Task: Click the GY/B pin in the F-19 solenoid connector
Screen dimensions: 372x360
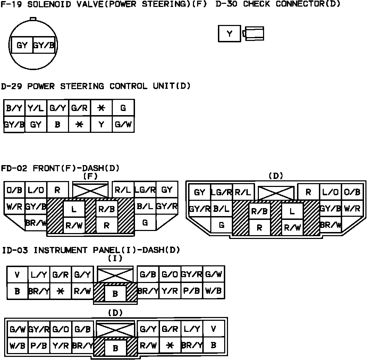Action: (x=44, y=45)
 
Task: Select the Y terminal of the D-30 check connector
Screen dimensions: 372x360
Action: (x=229, y=34)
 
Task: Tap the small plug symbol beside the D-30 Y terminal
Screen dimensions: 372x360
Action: (x=254, y=34)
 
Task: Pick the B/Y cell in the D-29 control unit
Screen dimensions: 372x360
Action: (x=14, y=108)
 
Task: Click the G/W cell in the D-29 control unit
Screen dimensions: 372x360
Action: (x=123, y=124)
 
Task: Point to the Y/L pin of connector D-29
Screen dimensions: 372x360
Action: (x=36, y=108)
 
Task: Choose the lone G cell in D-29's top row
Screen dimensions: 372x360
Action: (x=123, y=108)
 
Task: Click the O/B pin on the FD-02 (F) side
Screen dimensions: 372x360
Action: (x=14, y=190)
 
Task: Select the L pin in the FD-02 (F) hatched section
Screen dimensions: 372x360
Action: (x=74, y=209)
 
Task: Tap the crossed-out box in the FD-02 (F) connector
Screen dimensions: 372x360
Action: (x=91, y=190)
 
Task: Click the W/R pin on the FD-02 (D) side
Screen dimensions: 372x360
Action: (x=352, y=209)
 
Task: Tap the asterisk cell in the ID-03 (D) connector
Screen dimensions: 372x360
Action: (x=170, y=345)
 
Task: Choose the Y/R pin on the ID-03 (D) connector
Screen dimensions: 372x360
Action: (x=61, y=345)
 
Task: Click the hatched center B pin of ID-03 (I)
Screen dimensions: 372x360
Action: (x=115, y=294)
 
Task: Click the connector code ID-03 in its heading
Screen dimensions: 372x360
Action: (x=16, y=250)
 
